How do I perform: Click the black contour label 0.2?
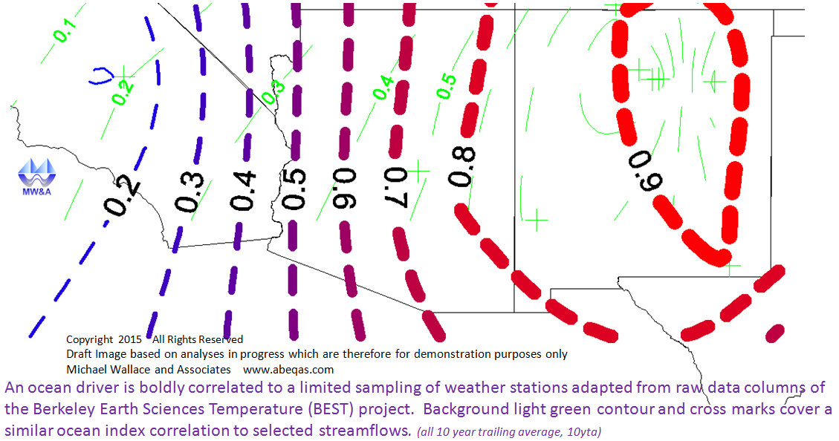121,196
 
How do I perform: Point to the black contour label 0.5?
294,188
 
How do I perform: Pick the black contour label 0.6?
344,188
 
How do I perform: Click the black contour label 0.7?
397,186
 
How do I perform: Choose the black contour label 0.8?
461,167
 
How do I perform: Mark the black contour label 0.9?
645,171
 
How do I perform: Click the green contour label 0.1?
64,30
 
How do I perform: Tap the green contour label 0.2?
123,92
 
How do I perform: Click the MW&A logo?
36,177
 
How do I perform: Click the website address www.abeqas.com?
288,370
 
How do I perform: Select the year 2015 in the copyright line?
130,339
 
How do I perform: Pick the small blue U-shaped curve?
100,76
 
